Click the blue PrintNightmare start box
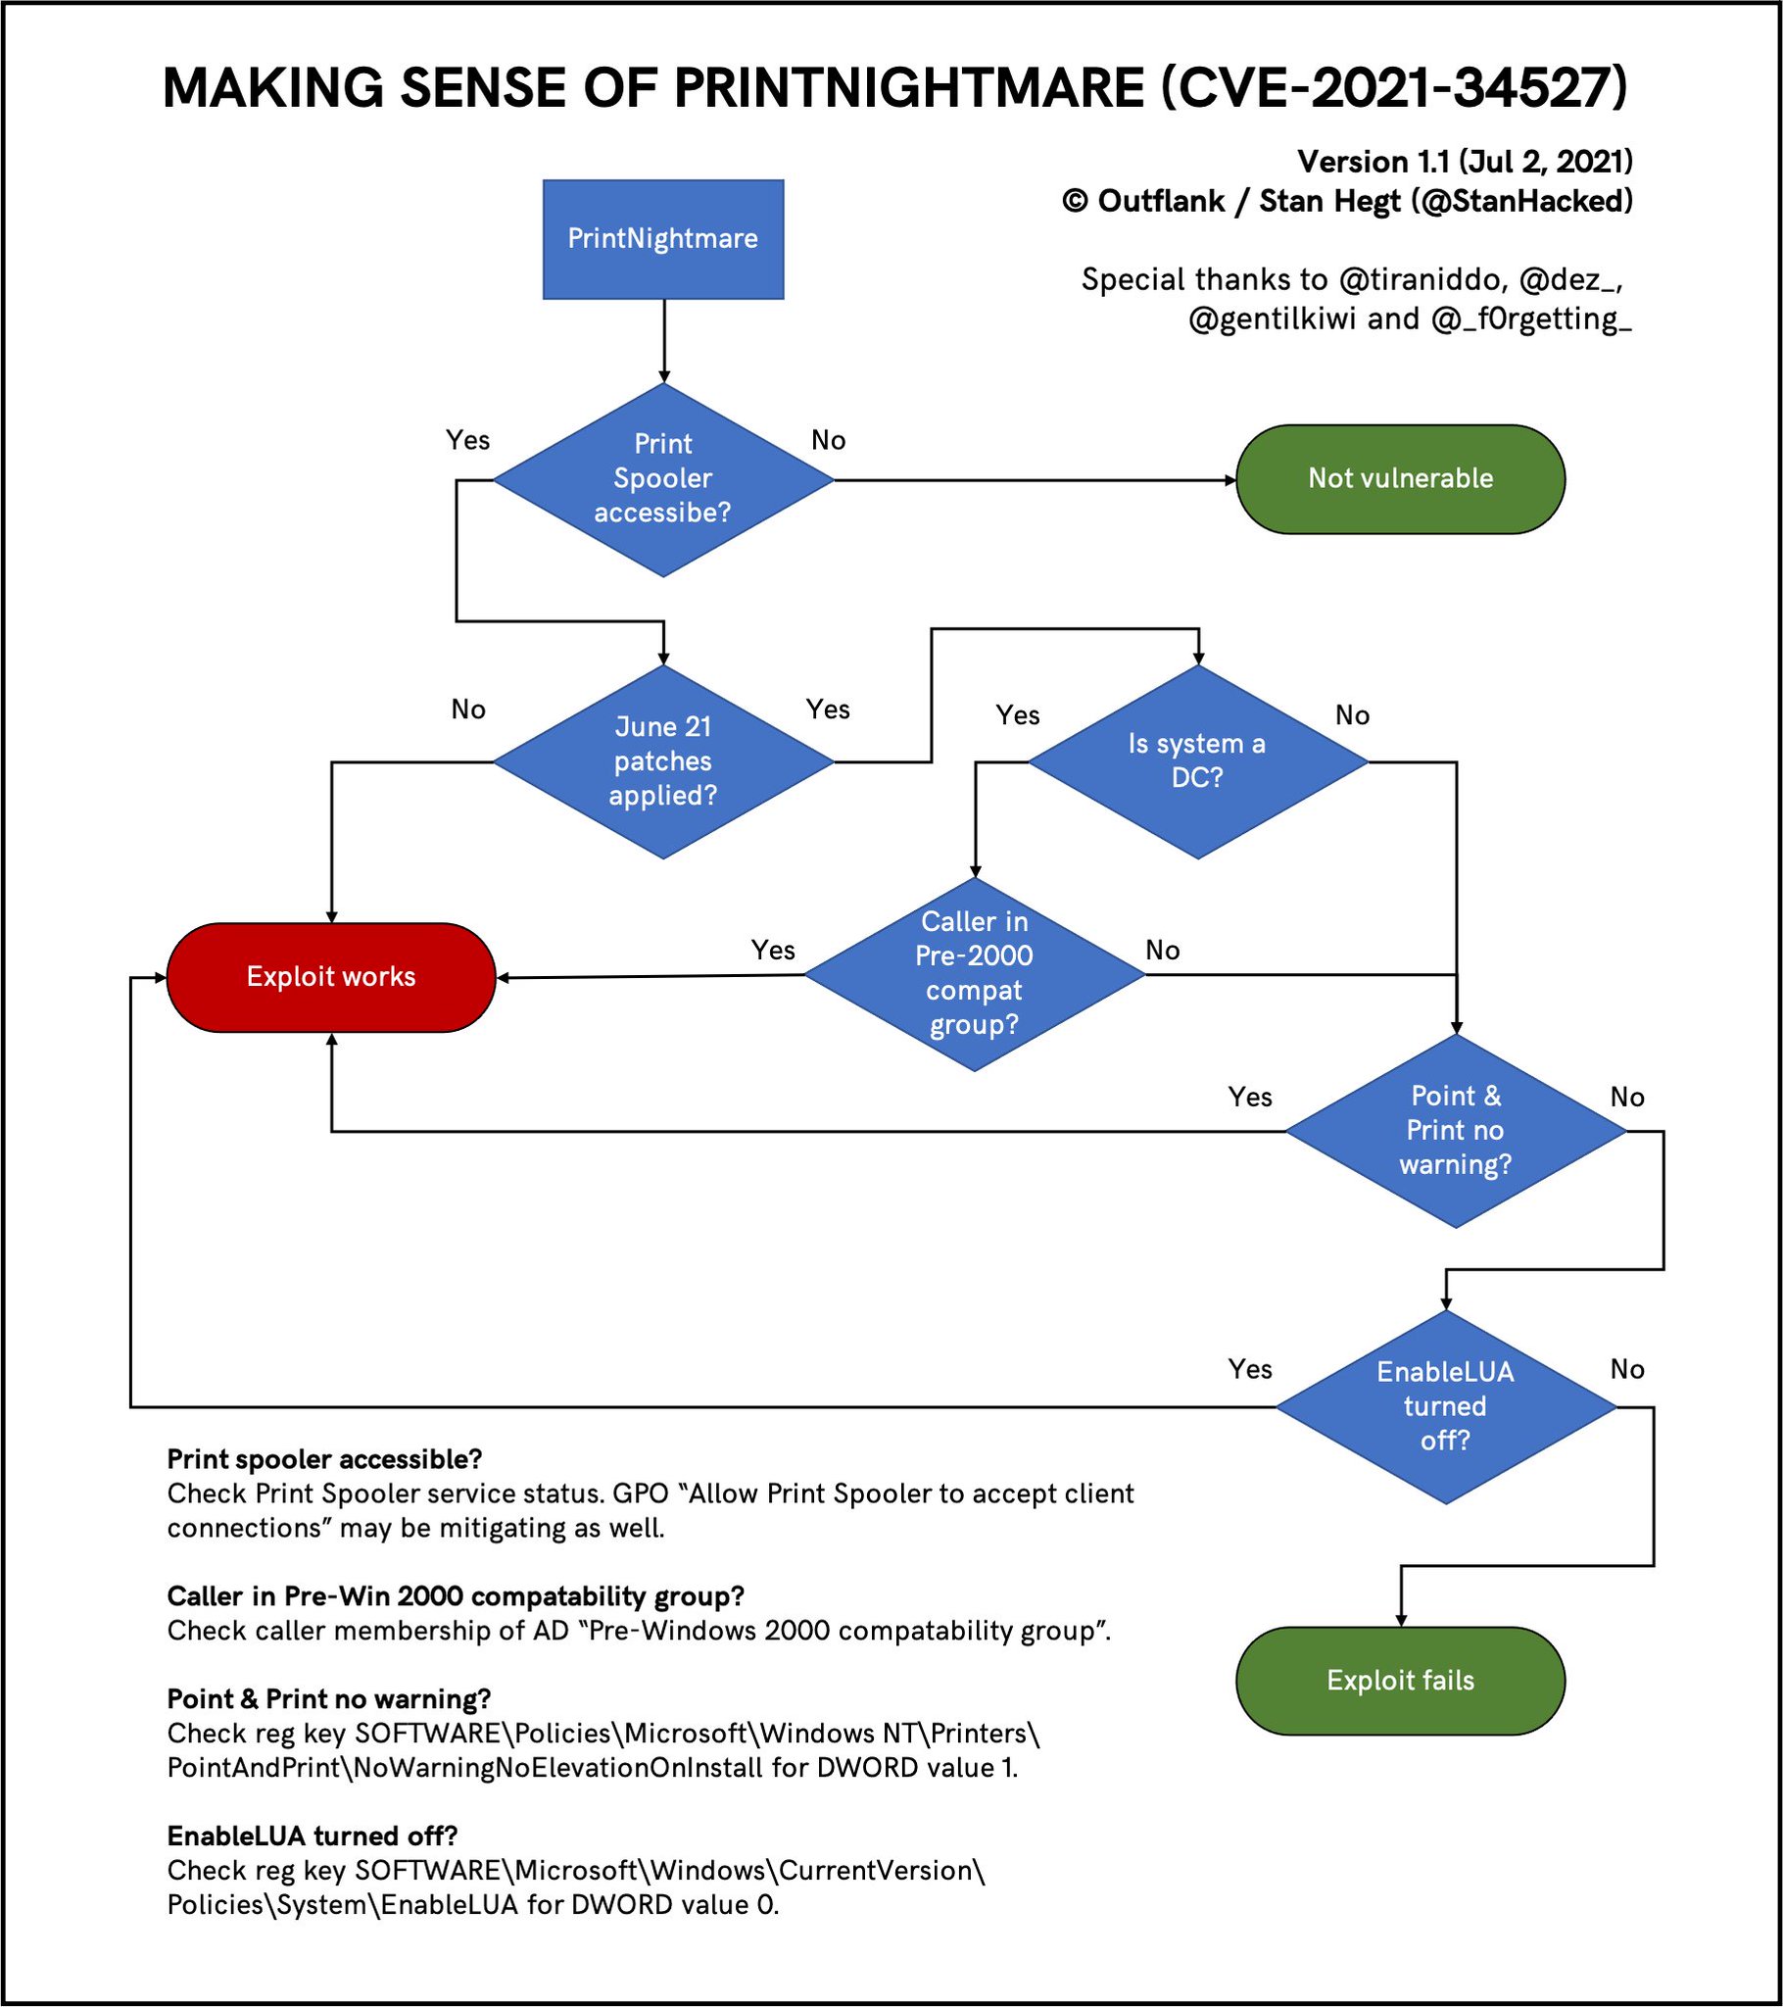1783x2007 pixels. [x=662, y=238]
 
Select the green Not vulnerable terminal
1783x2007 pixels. [x=1399, y=479]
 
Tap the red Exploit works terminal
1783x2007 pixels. [x=331, y=977]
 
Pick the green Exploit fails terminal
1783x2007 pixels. [x=1399, y=1680]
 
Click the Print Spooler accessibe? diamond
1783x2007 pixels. [x=662, y=479]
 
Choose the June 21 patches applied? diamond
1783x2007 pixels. [x=662, y=761]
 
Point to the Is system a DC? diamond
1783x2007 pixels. [x=1197, y=761]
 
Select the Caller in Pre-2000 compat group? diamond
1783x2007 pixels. [x=974, y=974]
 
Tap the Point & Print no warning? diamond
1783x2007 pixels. [x=1455, y=1130]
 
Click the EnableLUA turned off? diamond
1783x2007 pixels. [x=1444, y=1406]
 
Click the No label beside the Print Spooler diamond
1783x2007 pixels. [x=828, y=441]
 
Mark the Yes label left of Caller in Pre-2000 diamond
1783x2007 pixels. [x=773, y=951]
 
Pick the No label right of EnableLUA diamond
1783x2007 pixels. [x=1627, y=1370]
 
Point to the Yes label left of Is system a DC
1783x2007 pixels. [x=1017, y=715]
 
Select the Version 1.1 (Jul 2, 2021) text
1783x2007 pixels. [x=1464, y=162]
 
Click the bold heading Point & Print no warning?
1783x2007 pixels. [x=329, y=1699]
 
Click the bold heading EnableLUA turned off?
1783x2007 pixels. [x=313, y=1836]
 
